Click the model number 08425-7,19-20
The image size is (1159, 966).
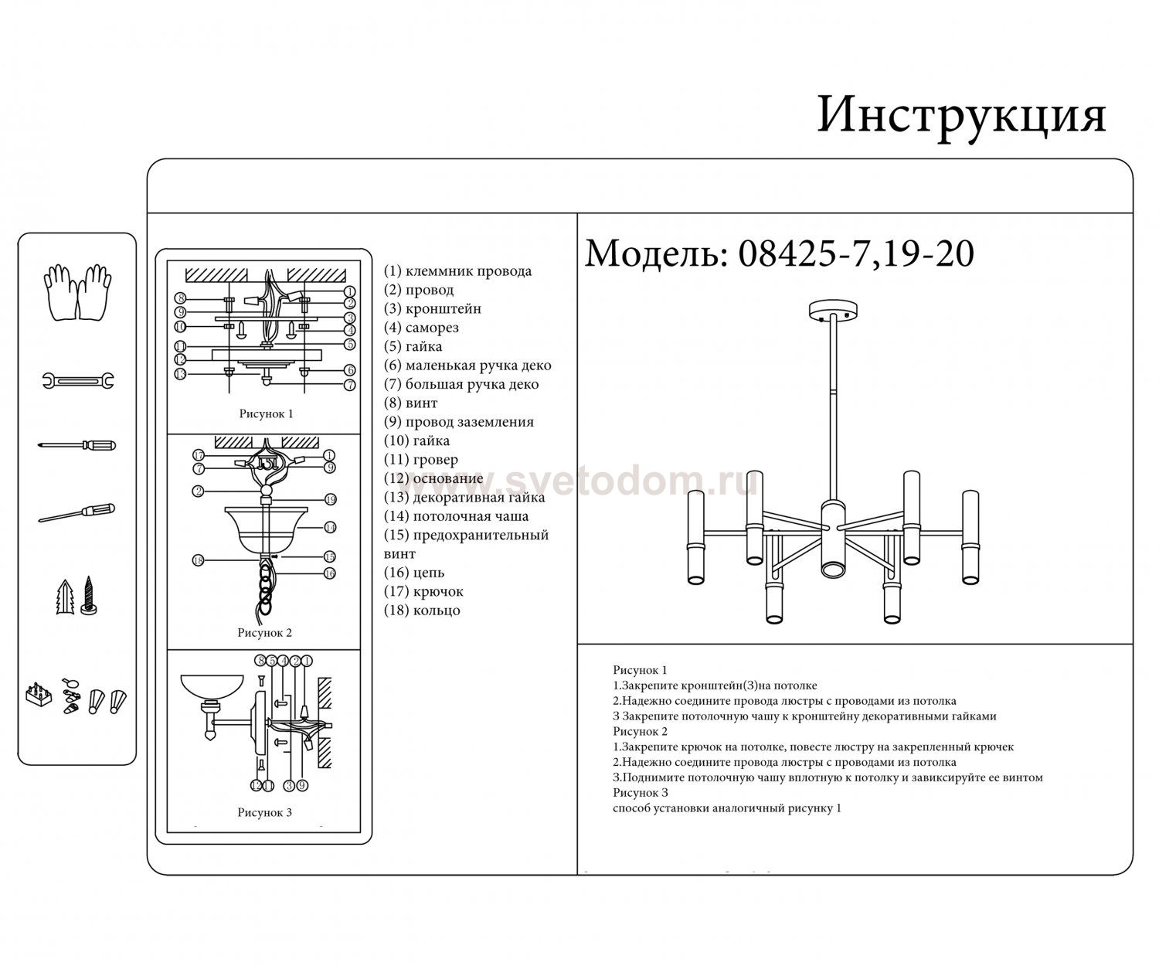tap(856, 254)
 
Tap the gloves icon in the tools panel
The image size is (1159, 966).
tap(77, 293)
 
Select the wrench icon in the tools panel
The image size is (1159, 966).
tap(78, 380)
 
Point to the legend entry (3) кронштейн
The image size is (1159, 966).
tap(433, 308)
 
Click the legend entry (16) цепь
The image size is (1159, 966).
tap(414, 573)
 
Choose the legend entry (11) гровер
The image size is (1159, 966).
tap(421, 460)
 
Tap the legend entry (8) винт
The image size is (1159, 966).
tap(411, 403)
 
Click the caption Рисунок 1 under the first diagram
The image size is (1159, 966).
tap(266, 413)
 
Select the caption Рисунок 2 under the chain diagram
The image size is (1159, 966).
tap(264, 632)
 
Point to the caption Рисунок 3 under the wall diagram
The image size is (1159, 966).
tap(264, 812)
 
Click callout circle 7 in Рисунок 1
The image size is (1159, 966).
tap(349, 385)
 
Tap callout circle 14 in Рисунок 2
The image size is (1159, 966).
tap(330, 527)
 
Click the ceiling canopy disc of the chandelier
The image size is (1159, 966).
tap(833, 311)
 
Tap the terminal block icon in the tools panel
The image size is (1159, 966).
tap(39, 695)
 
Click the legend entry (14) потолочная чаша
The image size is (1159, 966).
tap(456, 516)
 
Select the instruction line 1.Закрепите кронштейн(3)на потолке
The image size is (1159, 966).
tap(715, 685)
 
